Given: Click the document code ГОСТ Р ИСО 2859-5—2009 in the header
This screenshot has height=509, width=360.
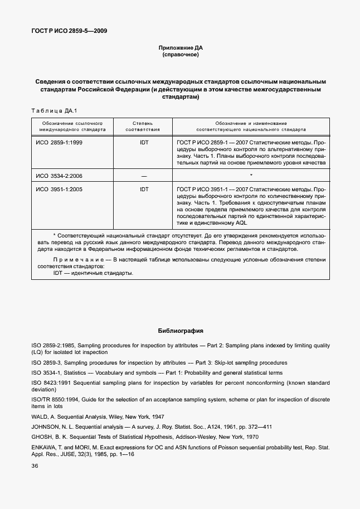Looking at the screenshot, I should (70, 31).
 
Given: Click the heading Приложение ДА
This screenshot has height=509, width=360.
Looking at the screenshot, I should (180, 47).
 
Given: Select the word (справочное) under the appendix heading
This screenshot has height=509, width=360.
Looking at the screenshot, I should (180, 55).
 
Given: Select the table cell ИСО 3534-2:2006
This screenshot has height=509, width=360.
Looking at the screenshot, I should (59, 176).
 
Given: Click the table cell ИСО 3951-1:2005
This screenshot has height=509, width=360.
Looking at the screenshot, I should (59, 190).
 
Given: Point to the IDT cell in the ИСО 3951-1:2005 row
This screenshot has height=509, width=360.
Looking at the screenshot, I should (144, 190).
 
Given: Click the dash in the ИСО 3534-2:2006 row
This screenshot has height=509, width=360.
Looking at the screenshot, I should (144, 176).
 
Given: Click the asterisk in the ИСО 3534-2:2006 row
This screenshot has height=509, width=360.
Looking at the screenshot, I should (251, 176).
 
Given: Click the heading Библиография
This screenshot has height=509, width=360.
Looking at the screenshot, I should (180, 330).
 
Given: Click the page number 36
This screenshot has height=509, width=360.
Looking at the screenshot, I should (35, 465).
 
